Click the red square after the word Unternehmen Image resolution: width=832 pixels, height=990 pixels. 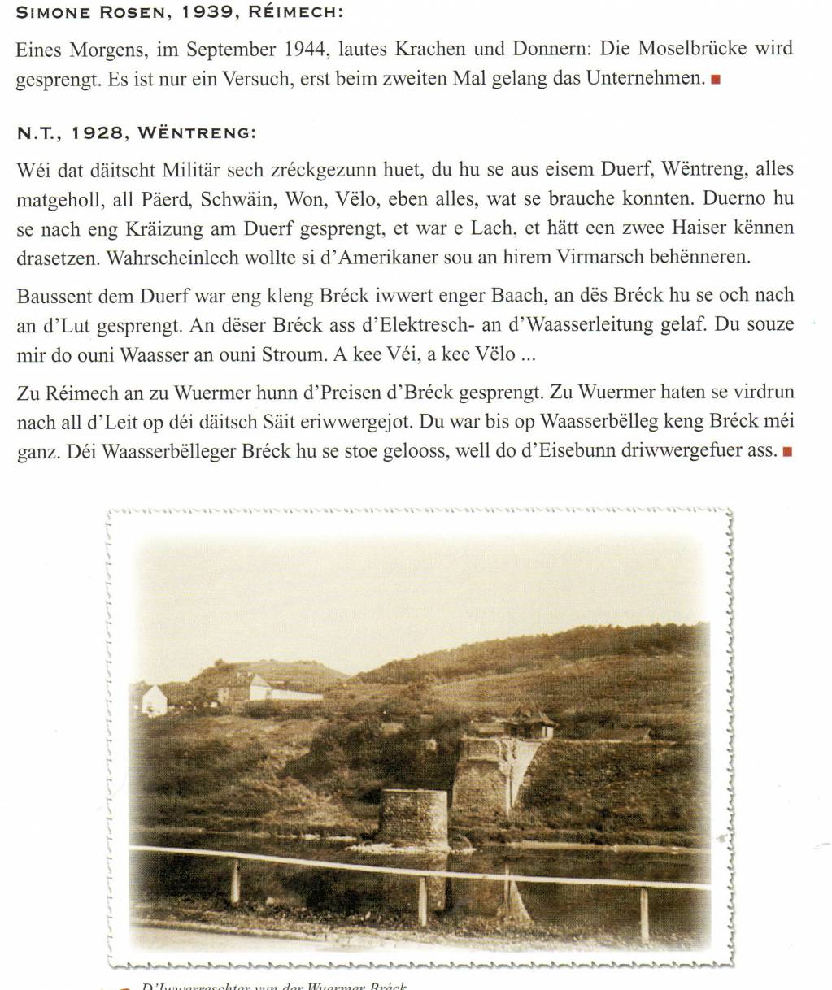(x=716, y=80)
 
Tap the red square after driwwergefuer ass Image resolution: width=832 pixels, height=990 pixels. (x=786, y=452)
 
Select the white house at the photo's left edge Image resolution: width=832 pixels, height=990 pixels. (x=152, y=700)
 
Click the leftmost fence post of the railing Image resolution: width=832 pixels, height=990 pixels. (x=234, y=881)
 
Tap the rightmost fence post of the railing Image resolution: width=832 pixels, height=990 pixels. (x=644, y=914)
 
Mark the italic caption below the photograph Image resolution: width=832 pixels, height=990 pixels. (x=275, y=984)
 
